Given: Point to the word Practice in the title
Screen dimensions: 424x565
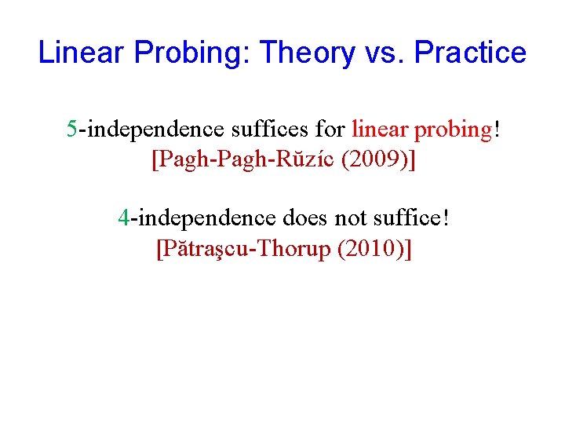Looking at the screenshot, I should (x=470, y=53).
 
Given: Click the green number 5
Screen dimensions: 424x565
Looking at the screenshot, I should (x=71, y=129).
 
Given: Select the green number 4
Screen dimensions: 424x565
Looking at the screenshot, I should (x=123, y=216).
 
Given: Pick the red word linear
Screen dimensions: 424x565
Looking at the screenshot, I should (x=380, y=129).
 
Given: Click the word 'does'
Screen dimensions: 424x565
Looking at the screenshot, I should (x=301, y=216).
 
